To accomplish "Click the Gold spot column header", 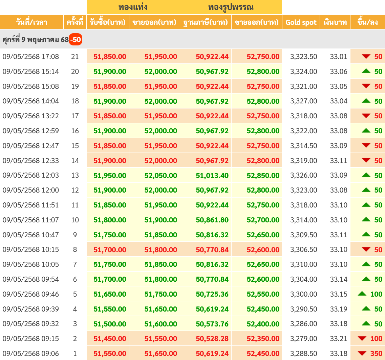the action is (x=301, y=22).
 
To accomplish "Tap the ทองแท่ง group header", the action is (x=133, y=7).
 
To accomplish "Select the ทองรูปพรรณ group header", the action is (x=231, y=7).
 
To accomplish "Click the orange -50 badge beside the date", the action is (x=76, y=40).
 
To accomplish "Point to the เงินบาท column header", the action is (x=335, y=22).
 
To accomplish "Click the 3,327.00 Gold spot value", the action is (x=303, y=101).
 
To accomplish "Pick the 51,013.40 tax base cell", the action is (x=212, y=176).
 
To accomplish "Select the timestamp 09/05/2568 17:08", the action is (x=31, y=57).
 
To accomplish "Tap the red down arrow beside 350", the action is (x=362, y=353).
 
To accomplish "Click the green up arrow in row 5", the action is (x=362, y=294).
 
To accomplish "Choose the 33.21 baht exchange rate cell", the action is (x=339, y=339).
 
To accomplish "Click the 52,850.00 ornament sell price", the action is (x=263, y=176).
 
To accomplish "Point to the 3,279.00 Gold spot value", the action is (x=303, y=339).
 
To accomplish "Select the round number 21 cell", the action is (x=75, y=57).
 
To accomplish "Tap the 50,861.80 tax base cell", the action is (x=212, y=220).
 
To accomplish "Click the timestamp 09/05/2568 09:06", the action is (x=31, y=353).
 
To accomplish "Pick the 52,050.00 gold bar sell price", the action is (x=161, y=176).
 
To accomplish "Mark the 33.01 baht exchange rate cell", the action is (x=339, y=57).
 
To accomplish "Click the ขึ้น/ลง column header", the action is (x=368, y=22).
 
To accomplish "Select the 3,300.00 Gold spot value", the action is (x=303, y=294).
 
